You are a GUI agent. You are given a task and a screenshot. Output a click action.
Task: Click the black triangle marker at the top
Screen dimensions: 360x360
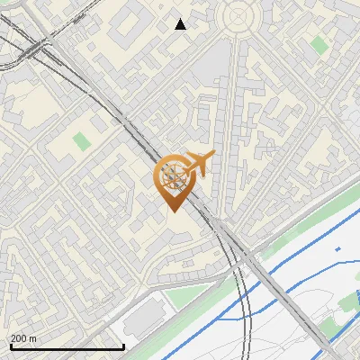point(181,24)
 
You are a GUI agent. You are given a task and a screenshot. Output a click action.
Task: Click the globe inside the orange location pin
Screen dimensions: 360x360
point(173,175)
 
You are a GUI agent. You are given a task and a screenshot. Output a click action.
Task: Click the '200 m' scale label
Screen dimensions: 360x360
point(24,338)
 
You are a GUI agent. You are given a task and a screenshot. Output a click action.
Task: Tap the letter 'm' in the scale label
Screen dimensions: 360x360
point(34,338)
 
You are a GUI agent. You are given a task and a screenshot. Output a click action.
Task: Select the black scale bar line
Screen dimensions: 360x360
point(67,346)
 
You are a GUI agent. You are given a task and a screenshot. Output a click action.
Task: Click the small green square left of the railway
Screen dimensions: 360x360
point(82,141)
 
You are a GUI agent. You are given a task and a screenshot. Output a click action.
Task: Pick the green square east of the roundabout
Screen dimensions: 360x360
point(319,44)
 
